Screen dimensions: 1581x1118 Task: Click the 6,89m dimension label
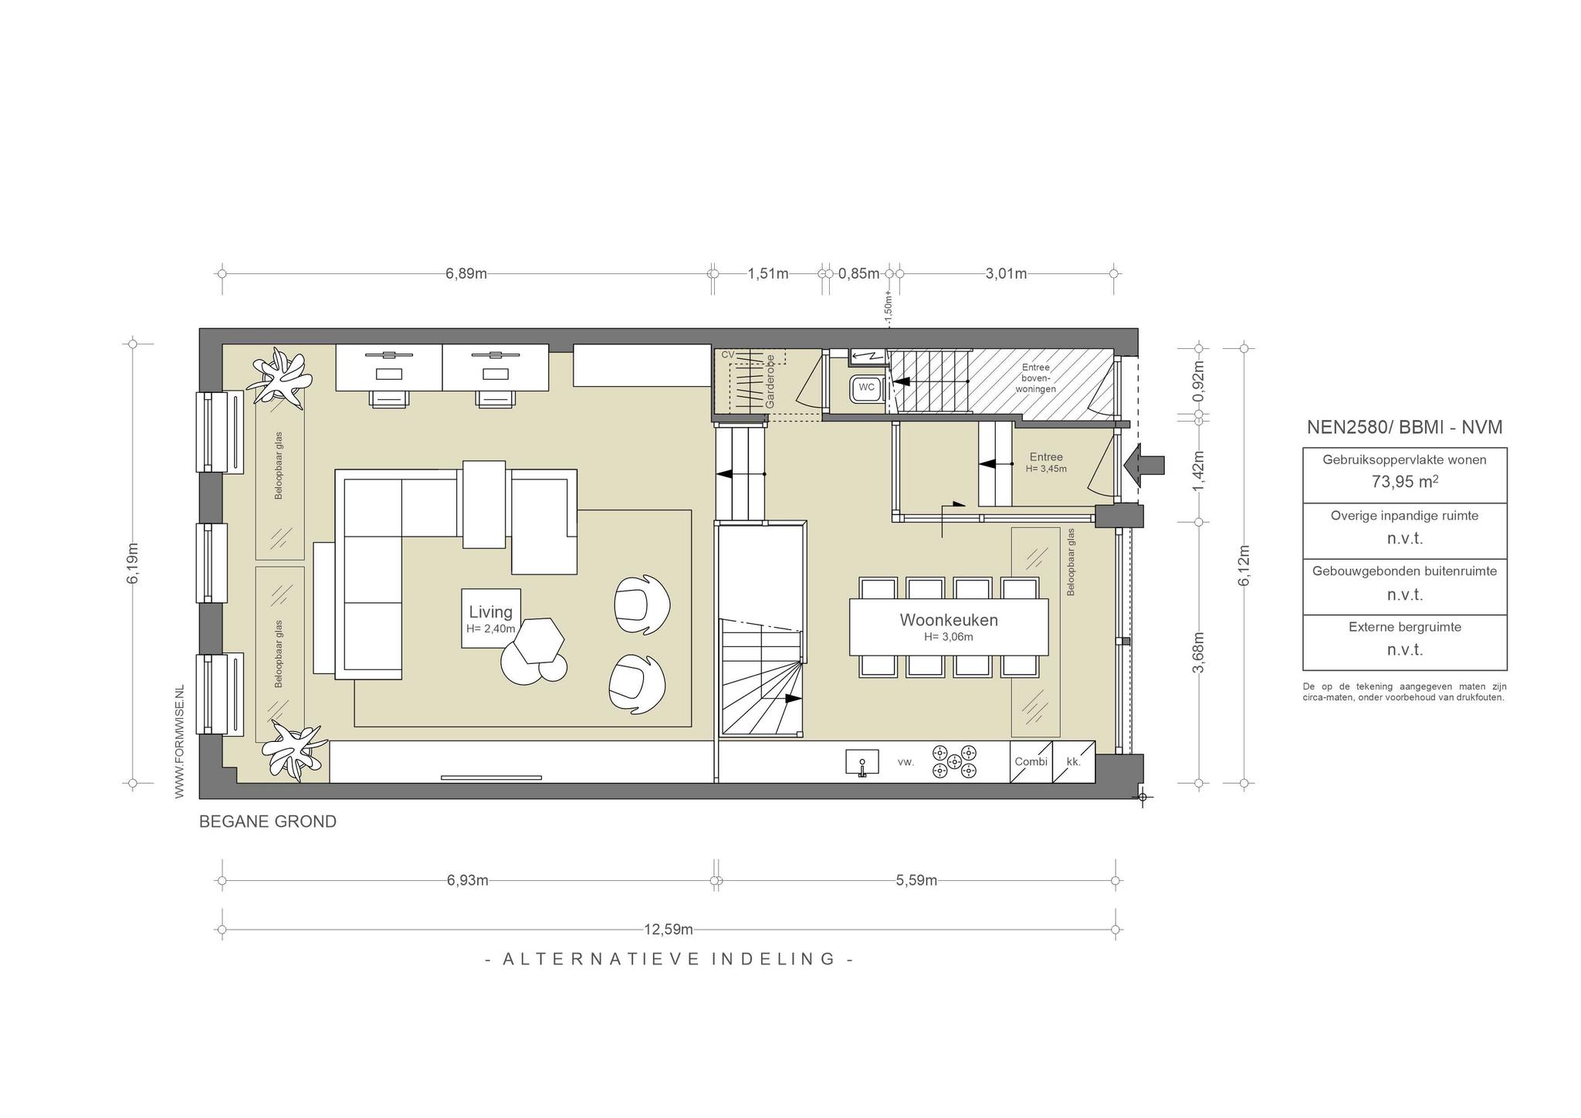(x=466, y=274)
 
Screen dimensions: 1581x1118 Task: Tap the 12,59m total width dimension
(x=669, y=929)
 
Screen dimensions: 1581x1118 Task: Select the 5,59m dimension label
(x=916, y=880)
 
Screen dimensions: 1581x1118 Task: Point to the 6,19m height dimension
(x=133, y=564)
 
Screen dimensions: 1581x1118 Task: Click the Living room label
(x=491, y=612)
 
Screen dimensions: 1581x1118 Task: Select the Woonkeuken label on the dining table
(x=949, y=620)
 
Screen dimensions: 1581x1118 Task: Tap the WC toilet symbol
(x=866, y=388)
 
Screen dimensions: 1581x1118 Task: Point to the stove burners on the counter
(x=954, y=761)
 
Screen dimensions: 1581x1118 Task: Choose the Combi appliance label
(x=1031, y=762)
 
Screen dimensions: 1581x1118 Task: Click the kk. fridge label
(x=1073, y=762)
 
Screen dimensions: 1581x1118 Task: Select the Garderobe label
(x=770, y=381)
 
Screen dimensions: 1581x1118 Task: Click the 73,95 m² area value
(x=1404, y=482)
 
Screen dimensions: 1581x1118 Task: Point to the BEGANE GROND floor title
(x=268, y=822)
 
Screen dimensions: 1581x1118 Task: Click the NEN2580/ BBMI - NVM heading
(x=1404, y=427)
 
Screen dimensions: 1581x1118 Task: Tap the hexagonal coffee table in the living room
(x=540, y=640)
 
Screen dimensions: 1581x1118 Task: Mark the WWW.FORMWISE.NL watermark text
(x=180, y=741)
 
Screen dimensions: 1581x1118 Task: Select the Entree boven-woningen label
(x=1035, y=378)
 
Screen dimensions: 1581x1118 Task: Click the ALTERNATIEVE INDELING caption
(x=669, y=959)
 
